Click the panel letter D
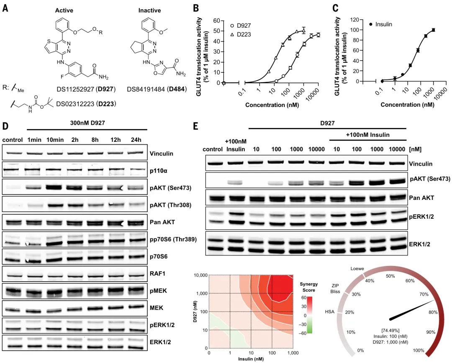[x=5, y=125]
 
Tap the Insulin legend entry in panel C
[x=381, y=24]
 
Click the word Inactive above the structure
[x=149, y=10]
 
